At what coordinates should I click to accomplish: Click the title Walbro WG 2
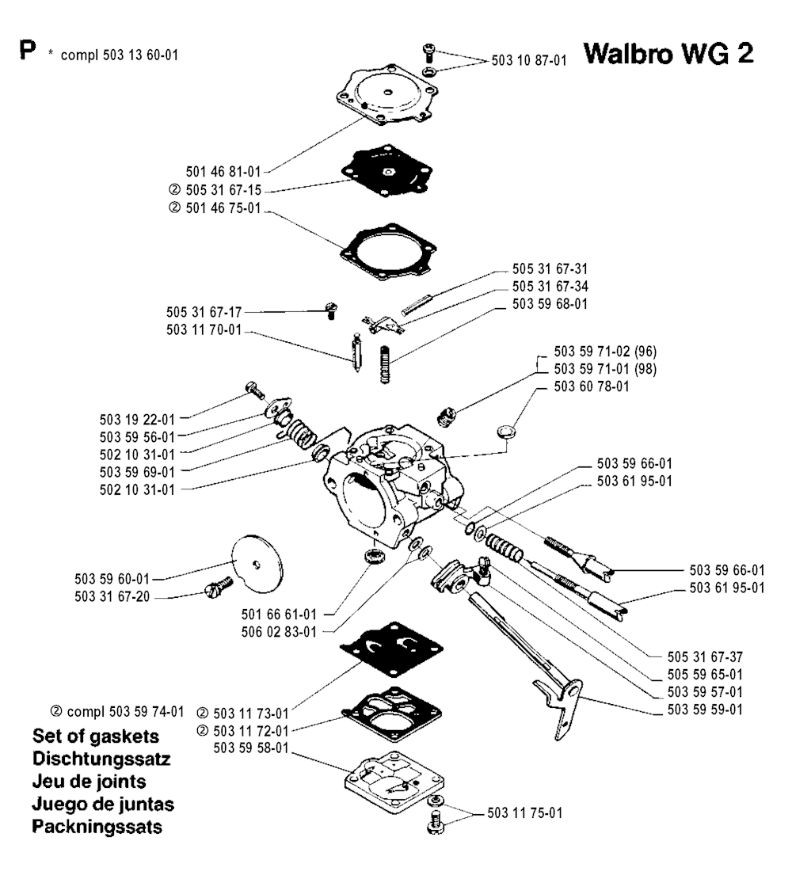coord(667,55)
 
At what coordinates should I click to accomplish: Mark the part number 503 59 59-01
coord(704,710)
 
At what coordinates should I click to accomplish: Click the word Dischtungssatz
coord(102,758)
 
